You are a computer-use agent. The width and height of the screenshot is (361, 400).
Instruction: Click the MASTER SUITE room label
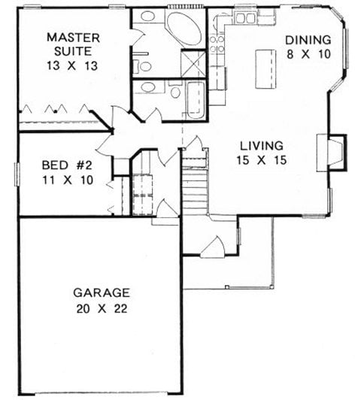point(69,44)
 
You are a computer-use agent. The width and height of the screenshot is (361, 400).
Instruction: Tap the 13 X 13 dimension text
point(69,65)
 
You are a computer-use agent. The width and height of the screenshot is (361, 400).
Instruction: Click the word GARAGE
point(102,292)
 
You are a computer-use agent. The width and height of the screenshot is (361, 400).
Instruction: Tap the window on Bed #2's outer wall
point(17,173)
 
